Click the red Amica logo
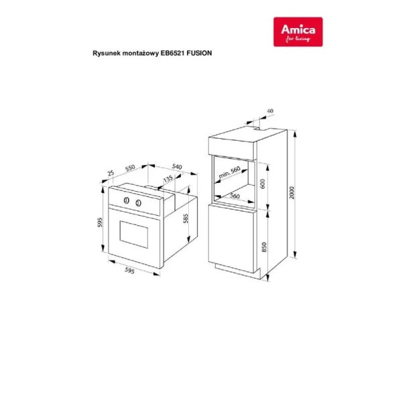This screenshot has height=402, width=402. (298, 31)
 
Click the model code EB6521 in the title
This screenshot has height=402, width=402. (172, 53)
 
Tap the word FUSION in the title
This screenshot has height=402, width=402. (199, 53)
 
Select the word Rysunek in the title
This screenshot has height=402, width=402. (103, 54)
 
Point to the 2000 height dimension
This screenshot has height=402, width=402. (291, 192)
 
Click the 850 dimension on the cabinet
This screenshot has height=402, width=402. (264, 247)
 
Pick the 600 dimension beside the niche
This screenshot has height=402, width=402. (262, 184)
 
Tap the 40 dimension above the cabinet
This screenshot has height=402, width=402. (270, 111)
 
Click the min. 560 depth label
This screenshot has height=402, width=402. (229, 172)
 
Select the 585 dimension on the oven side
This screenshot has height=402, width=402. (186, 218)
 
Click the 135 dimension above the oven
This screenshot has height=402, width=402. (168, 178)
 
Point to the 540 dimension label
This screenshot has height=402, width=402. (177, 167)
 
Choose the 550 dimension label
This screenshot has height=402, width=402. (130, 168)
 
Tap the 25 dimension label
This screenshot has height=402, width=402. (111, 173)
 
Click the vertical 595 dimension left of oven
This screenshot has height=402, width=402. (100, 222)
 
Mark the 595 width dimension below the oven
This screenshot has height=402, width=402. (129, 271)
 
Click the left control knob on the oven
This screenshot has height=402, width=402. (127, 200)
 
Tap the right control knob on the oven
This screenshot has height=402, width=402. (139, 203)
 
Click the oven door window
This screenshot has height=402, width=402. (134, 234)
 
